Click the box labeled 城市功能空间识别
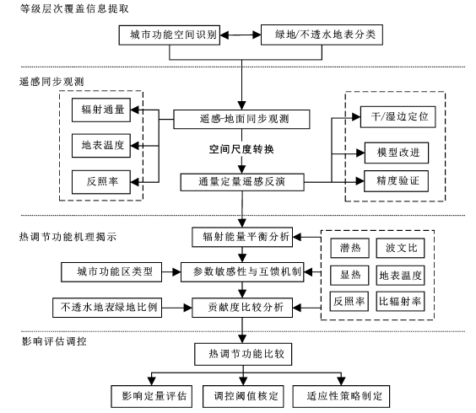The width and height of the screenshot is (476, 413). click(170, 35)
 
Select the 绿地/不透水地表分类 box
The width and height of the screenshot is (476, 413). click(322, 35)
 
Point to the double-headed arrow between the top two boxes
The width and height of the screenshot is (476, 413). click(241, 35)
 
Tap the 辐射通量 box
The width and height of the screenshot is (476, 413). click(101, 110)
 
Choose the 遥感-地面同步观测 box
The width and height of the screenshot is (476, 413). click(241, 119)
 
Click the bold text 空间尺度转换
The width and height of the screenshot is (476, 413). click(241, 149)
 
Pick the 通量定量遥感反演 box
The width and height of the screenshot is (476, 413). click(242, 182)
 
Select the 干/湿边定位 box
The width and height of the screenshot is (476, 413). click(398, 117)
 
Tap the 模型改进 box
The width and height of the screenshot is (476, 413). click(397, 153)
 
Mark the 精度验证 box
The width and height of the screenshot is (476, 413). click(396, 181)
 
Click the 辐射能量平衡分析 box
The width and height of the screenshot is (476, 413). click(242, 237)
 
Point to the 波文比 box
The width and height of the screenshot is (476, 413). click(400, 248)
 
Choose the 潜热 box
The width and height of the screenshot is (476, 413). click(349, 248)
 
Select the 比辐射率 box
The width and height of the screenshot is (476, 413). click(400, 302)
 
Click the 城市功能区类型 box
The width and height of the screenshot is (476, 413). click(111, 272)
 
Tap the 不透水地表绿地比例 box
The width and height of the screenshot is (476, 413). click(107, 308)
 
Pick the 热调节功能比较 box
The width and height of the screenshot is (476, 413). click(243, 354)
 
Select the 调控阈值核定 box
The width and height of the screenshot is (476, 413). click(243, 396)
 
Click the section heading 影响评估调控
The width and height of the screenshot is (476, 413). click(54, 341)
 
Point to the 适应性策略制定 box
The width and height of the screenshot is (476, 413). click(341, 396)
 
